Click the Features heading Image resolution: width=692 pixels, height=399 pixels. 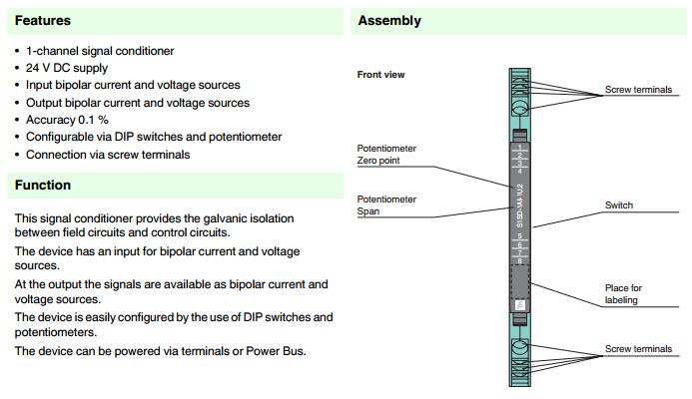(43, 20)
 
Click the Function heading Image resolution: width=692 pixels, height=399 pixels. (43, 186)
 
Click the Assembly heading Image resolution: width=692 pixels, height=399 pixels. (389, 20)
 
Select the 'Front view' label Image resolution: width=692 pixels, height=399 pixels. (381, 75)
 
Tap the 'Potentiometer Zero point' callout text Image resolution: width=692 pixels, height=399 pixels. (386, 154)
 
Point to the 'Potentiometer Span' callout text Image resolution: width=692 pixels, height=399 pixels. (386, 204)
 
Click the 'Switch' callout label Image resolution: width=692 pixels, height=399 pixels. (619, 205)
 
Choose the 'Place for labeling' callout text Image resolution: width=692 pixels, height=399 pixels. (624, 294)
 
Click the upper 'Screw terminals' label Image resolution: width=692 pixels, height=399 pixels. (639, 91)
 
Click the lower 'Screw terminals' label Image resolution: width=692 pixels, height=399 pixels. (639, 349)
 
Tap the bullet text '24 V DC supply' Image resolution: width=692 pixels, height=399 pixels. (67, 68)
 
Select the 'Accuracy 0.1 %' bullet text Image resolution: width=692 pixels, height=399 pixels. (67, 120)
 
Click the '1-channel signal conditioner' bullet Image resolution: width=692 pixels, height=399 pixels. (100, 51)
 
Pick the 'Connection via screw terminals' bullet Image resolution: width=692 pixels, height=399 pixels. (108, 155)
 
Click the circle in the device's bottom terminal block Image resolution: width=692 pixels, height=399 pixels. (519, 349)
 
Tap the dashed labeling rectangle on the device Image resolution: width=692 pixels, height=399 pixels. (519, 283)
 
